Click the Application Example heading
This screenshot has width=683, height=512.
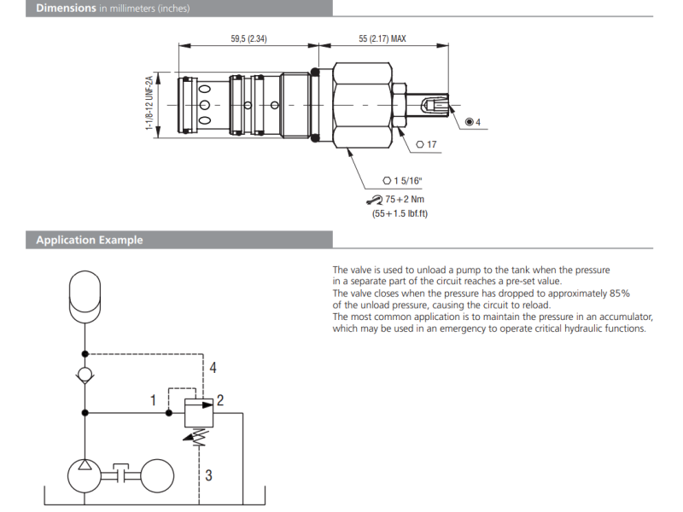89,241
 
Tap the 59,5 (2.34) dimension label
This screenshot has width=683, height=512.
249,39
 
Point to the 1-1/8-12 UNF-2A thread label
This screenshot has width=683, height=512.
149,104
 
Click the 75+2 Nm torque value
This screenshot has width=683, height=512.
406,199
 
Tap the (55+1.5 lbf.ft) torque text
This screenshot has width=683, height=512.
400,213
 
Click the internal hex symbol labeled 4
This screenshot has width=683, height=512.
473,122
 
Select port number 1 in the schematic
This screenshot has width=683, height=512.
153,399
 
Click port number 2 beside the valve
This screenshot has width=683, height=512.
220,399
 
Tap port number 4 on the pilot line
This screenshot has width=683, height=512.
213,368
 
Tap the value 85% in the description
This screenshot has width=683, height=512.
620,294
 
